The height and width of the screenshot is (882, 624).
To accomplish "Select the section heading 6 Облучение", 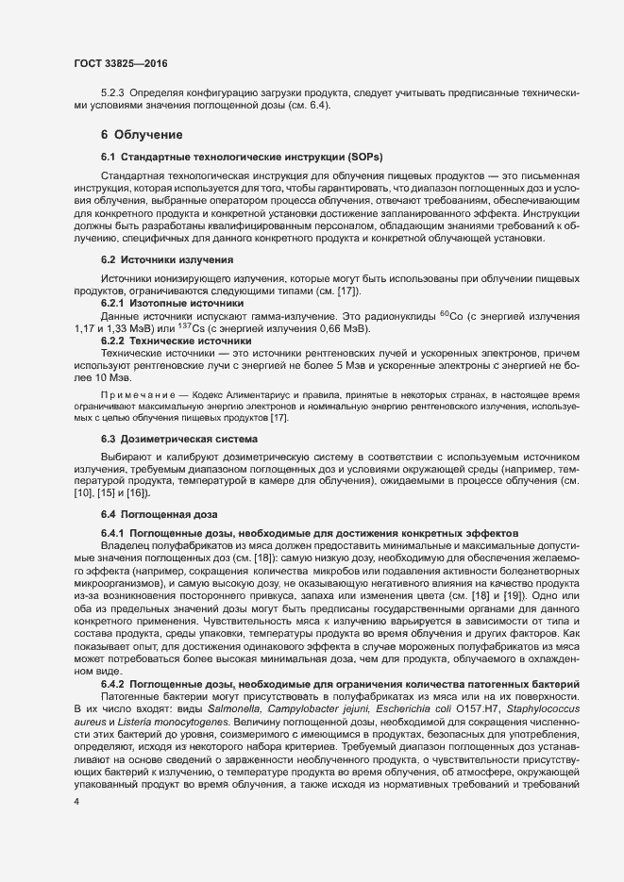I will coord(135,134).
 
